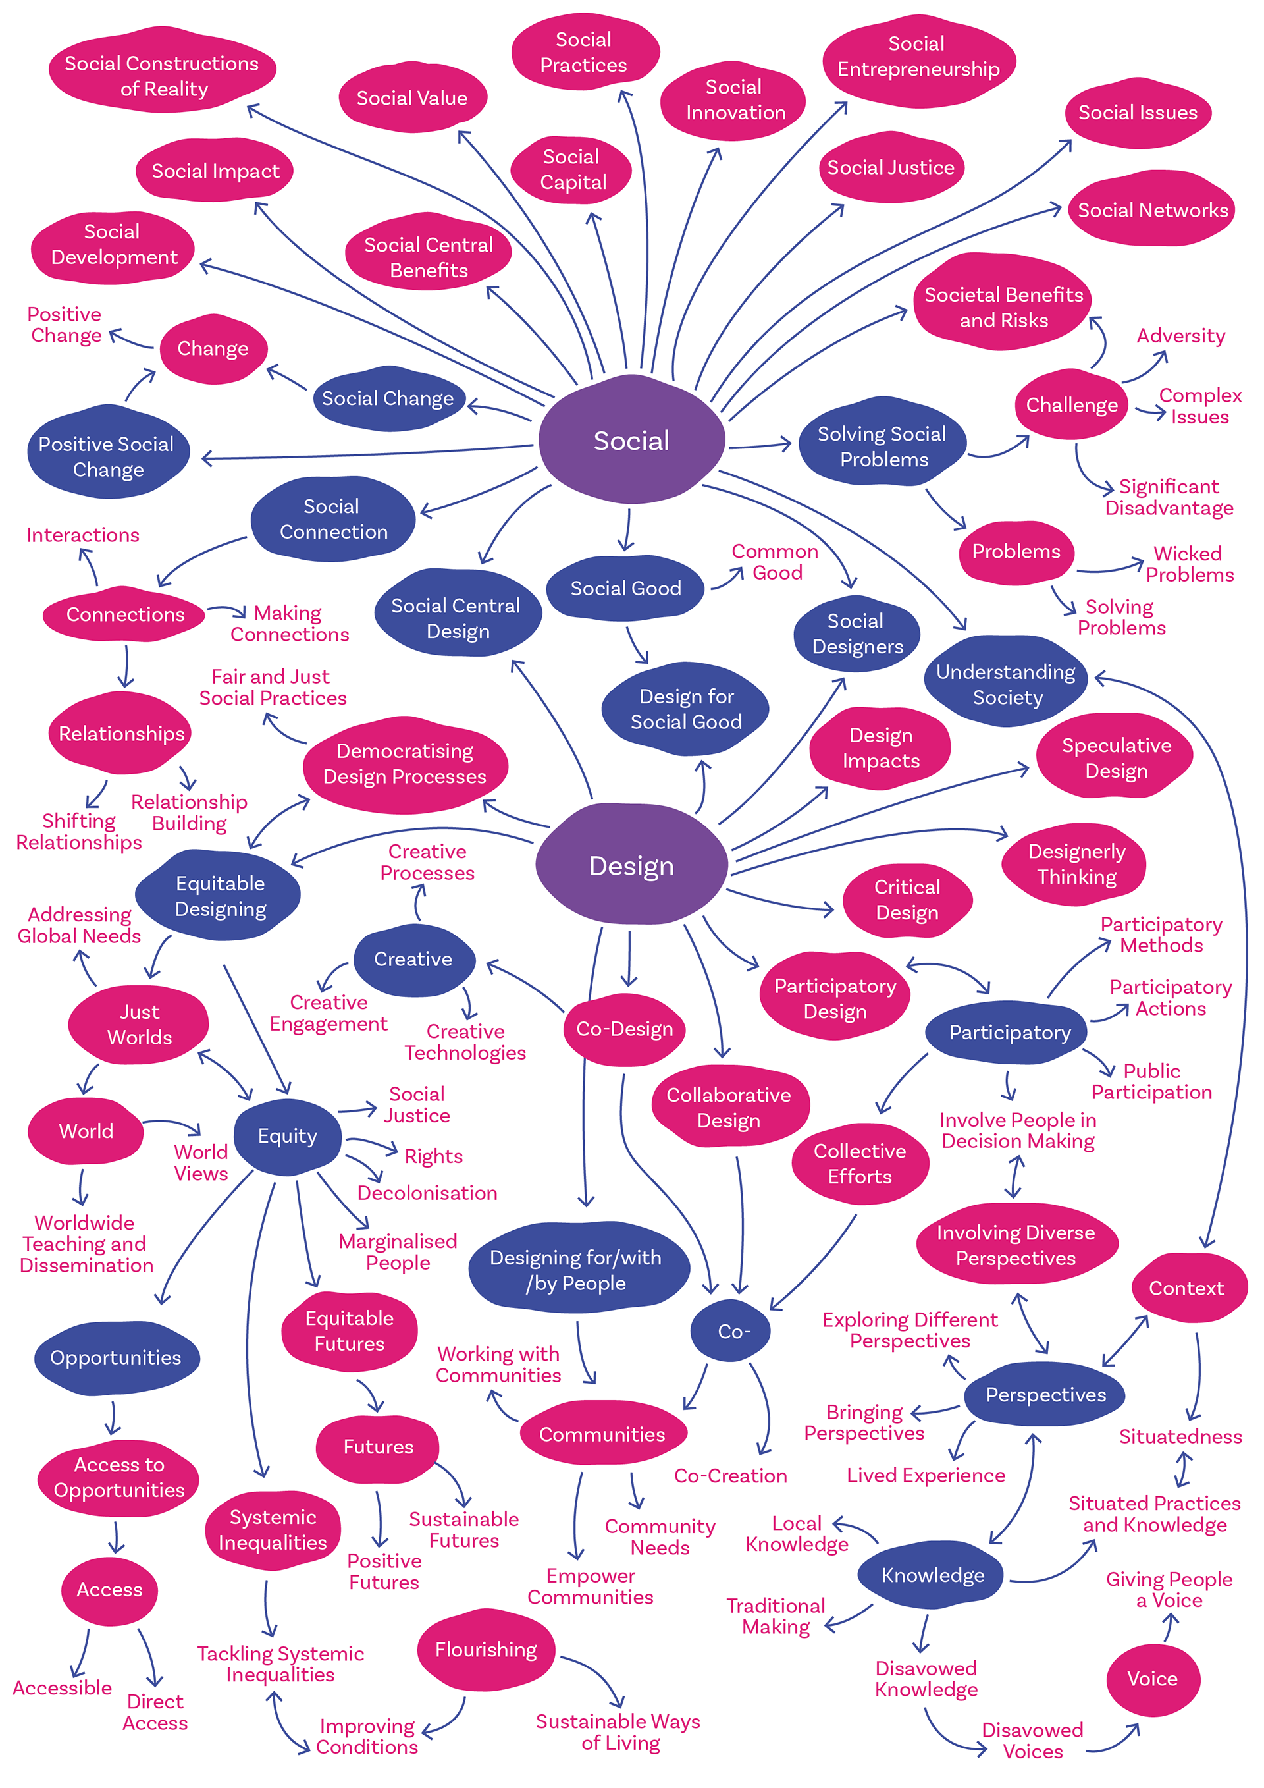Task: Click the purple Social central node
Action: [631, 441]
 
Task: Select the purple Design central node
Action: [631, 865]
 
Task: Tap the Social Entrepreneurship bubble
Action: [918, 57]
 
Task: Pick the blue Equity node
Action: [287, 1136]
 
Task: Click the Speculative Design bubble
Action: [1116, 758]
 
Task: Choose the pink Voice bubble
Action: [1152, 1678]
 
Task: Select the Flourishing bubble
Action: [486, 1650]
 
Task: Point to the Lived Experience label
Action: [926, 1475]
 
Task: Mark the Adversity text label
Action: [1180, 336]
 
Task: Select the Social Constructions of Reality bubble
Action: [162, 76]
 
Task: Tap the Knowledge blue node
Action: [932, 1575]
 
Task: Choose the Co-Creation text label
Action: [730, 1475]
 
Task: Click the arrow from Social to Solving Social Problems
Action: [760, 445]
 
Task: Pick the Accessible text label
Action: [63, 1687]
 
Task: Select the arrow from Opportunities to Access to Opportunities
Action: [114, 1418]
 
